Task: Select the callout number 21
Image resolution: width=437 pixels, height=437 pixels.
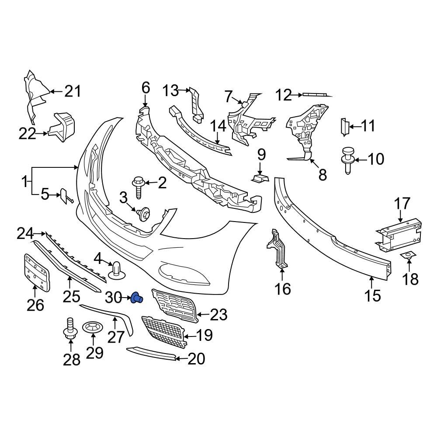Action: tap(73, 92)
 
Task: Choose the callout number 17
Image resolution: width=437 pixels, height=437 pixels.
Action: tap(402, 203)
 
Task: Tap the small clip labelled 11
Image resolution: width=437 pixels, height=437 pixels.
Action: tap(343, 126)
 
